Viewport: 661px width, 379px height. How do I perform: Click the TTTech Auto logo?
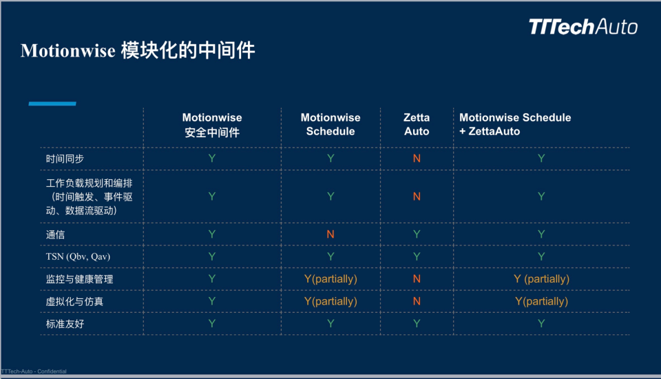coord(583,27)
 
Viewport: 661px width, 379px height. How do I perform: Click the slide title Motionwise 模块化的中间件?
coord(138,51)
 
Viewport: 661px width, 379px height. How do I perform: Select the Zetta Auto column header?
coord(417,125)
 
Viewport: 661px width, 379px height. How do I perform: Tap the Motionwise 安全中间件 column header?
coord(212,125)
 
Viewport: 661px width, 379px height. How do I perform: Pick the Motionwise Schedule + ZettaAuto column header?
coord(515,125)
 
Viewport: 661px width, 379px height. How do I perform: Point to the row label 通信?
coord(55,234)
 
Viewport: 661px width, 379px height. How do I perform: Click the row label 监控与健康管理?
coord(79,279)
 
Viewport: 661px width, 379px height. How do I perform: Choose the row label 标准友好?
coord(65,323)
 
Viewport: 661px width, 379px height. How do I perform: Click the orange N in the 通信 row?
coord(330,234)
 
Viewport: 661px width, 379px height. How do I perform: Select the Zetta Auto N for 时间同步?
coord(417,158)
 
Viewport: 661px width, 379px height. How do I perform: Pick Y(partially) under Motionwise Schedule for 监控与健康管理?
coord(330,279)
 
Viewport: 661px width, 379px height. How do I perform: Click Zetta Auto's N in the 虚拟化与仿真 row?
coord(417,301)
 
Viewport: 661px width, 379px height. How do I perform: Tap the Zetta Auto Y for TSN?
coord(417,256)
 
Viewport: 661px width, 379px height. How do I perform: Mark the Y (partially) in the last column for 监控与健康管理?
coord(541,279)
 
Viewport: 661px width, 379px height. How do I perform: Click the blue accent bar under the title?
coord(52,103)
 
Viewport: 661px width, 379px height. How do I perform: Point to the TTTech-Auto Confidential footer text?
coord(34,371)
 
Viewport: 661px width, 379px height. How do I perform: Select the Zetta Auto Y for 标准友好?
coord(417,323)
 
